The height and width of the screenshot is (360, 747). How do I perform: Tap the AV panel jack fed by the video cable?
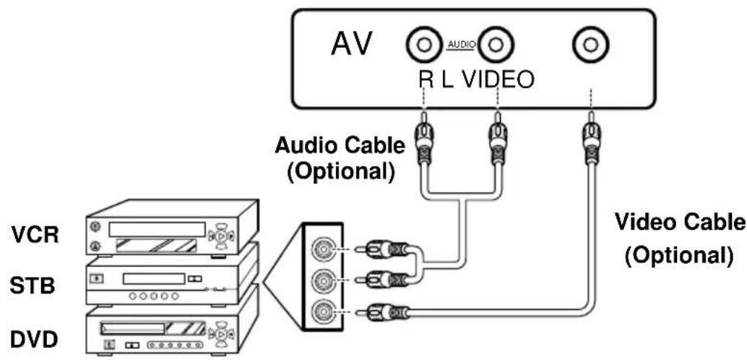(x=590, y=46)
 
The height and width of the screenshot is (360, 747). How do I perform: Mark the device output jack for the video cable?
(x=321, y=312)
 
